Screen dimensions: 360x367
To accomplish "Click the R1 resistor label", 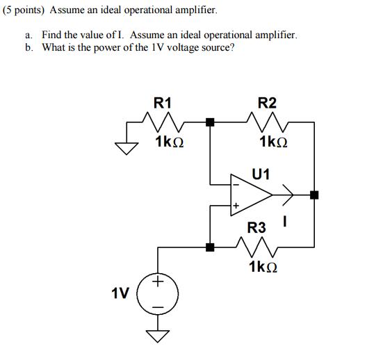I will click(162, 104).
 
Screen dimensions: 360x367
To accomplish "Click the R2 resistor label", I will click(267, 104).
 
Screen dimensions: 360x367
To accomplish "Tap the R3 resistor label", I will click(256, 227).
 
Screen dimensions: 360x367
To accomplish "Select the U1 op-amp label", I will click(261, 173).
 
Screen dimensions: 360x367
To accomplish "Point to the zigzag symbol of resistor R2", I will click(267, 123).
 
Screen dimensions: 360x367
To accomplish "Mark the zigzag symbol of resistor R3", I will click(256, 246).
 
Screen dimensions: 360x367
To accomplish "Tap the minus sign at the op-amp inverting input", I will click(236, 183).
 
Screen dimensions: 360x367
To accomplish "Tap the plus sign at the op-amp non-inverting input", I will click(236, 206).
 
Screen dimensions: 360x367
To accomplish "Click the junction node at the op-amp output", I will click(314, 195).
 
